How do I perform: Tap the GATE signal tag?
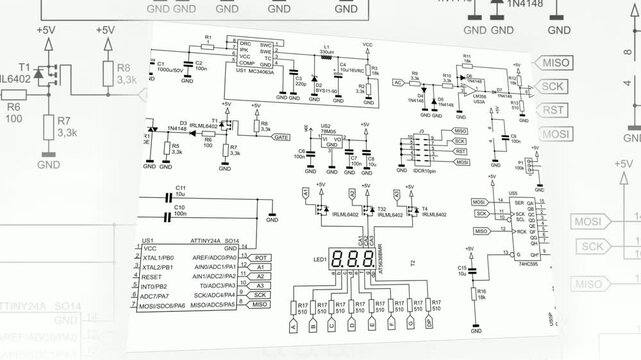coord(280,136)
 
